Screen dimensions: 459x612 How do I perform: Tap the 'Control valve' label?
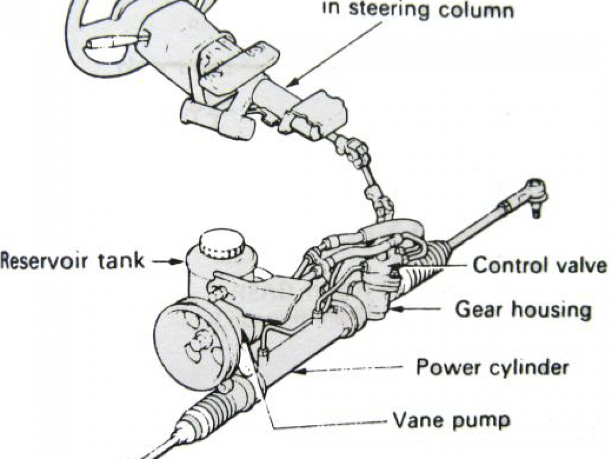[x=540, y=265]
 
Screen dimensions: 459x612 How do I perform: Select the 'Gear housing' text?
[x=523, y=310]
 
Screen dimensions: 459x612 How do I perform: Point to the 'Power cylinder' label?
[x=492, y=367]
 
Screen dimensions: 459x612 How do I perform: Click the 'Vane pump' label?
[x=451, y=421]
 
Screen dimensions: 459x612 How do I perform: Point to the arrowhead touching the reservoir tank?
[x=178, y=262]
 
